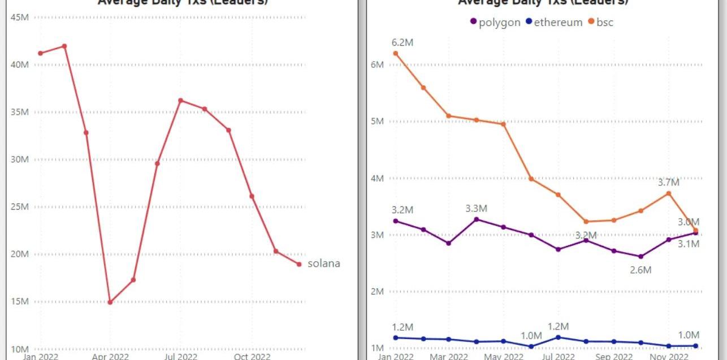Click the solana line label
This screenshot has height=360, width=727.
pyautogui.click(x=324, y=263)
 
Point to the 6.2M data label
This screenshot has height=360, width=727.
pyautogui.click(x=403, y=42)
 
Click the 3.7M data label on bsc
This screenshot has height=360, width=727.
pyautogui.click(x=668, y=183)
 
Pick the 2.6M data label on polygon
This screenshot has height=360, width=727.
pyautogui.click(x=641, y=270)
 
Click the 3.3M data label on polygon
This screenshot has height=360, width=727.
pyautogui.click(x=476, y=209)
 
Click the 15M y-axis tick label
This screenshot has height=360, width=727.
pyautogui.click(x=20, y=301)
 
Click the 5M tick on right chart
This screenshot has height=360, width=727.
pyautogui.click(x=377, y=121)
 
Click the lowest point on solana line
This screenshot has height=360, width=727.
pyautogui.click(x=110, y=302)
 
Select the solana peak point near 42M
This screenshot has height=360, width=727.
pyautogui.click(x=64, y=46)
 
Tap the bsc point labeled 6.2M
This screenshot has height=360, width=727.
pyautogui.click(x=396, y=54)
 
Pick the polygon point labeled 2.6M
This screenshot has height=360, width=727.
pyautogui.click(x=641, y=257)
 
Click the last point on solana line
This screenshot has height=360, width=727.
pyautogui.click(x=299, y=264)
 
